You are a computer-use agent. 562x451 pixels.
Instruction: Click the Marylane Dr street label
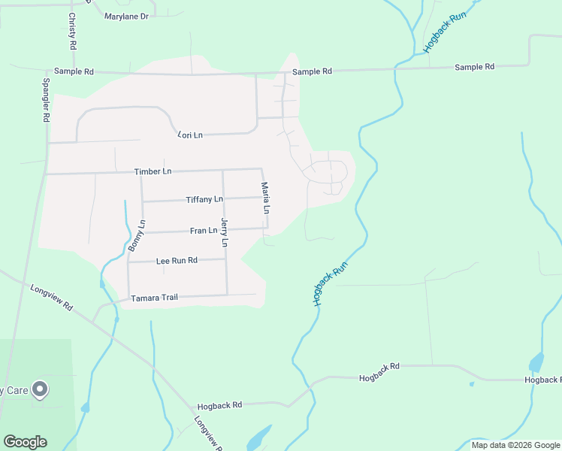127,16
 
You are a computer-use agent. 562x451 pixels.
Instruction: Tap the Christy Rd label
72,31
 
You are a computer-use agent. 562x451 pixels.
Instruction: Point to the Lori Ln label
190,135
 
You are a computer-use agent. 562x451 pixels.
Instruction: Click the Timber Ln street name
153,171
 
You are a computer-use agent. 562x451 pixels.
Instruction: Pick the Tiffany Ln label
204,199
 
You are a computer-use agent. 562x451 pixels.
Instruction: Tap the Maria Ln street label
264,197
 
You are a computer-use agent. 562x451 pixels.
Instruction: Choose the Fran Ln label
203,231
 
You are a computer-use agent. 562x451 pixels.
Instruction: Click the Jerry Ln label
224,232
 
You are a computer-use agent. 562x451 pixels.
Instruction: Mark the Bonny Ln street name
136,235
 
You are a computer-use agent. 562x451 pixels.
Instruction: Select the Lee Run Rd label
177,261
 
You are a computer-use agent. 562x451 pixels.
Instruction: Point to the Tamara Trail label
154,298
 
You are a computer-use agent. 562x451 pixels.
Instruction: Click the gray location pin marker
41,389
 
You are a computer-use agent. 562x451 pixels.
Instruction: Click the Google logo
25,442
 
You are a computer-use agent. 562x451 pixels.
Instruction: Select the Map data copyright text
515,445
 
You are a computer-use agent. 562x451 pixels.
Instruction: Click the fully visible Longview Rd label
52,297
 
